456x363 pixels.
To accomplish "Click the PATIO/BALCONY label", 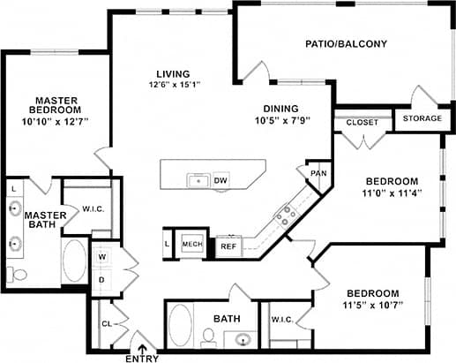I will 346,43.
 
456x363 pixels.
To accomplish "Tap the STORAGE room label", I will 422,118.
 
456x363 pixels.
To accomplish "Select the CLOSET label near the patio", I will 362,122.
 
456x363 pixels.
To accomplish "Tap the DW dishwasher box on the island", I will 221,179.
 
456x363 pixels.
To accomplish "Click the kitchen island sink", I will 198,180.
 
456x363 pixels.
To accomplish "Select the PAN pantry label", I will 318,173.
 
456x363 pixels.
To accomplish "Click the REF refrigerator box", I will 228,246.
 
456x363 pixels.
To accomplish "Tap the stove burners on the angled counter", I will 285,214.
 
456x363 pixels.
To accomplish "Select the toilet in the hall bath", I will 209,336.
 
